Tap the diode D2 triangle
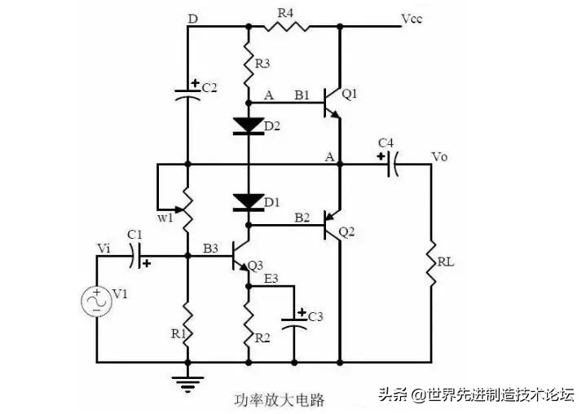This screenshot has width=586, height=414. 248,126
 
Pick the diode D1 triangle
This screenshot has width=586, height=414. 248,200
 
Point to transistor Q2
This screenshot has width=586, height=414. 333,224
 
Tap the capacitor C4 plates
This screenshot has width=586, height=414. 391,164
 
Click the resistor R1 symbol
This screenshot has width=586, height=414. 187,319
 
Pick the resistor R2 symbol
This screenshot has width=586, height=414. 248,325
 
